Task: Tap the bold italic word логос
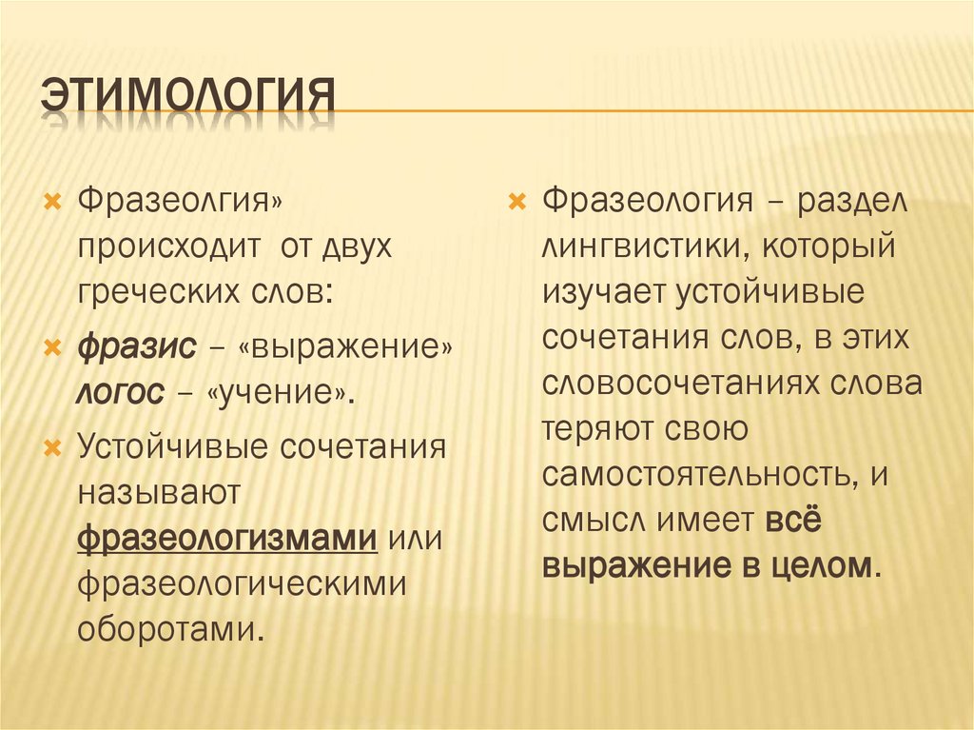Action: click(x=119, y=392)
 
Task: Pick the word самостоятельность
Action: click(x=700, y=473)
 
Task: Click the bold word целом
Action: click(x=823, y=565)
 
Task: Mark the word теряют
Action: click(x=593, y=427)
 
